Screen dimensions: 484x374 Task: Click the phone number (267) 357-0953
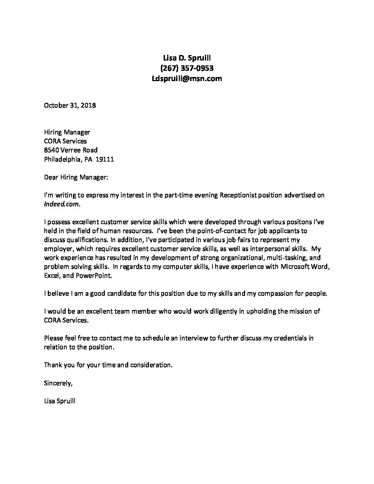click(x=187, y=68)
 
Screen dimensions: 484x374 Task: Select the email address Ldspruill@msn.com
click(x=187, y=79)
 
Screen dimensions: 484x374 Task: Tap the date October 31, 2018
click(x=70, y=105)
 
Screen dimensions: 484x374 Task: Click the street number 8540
click(x=52, y=150)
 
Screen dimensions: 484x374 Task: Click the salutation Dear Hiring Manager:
click(x=76, y=177)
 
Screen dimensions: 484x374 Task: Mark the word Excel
click(x=52, y=275)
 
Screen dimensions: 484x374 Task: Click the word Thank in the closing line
click(x=53, y=365)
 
